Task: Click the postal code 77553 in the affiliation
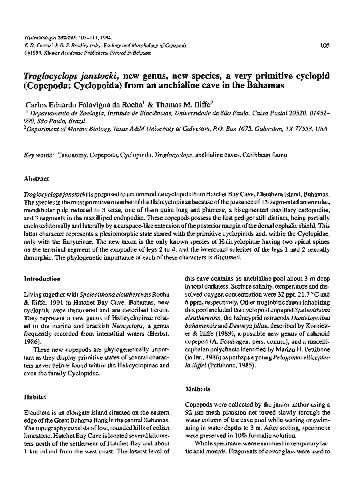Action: (321, 130)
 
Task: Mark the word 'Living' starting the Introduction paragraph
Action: (33, 294)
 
